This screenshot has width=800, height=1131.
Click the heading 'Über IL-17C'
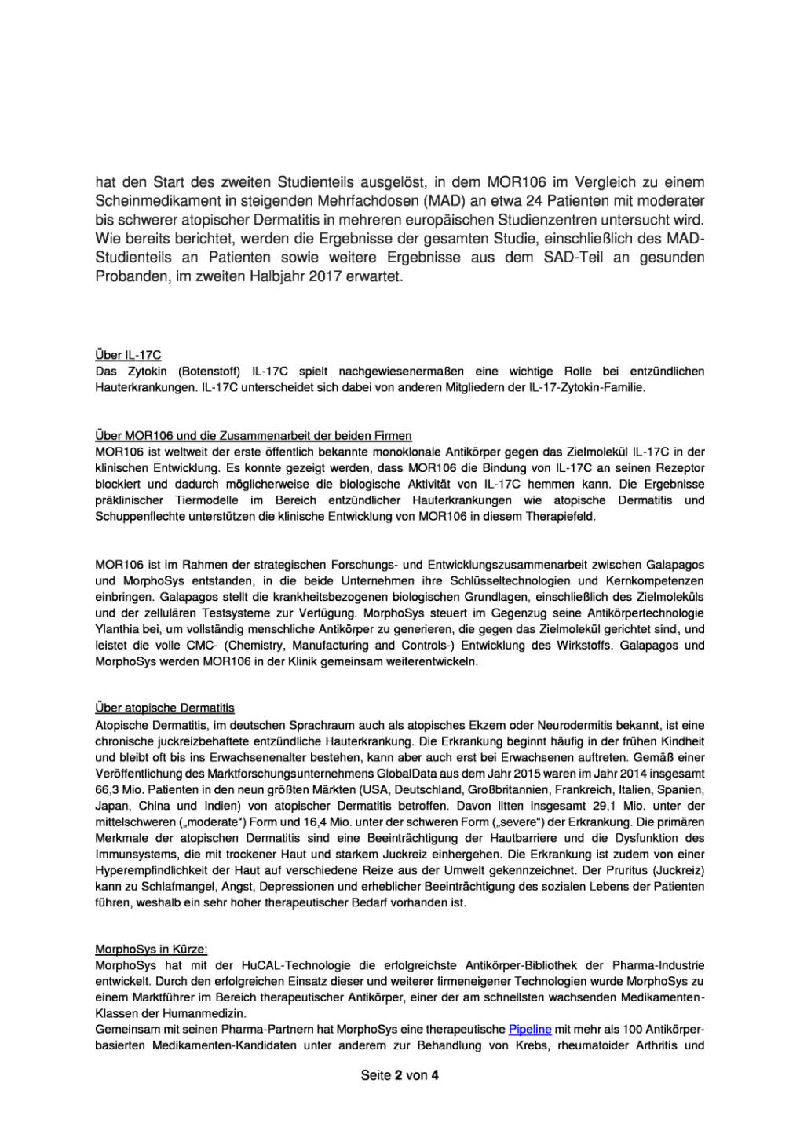[128, 355]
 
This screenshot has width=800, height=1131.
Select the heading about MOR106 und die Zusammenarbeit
[253, 436]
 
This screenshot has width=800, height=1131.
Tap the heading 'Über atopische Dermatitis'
[165, 708]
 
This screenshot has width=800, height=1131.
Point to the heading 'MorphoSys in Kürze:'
[152, 949]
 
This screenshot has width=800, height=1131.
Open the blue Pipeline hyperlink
[530, 1029]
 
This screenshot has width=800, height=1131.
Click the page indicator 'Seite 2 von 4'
[400, 1075]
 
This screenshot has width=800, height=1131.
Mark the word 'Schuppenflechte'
[136, 517]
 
